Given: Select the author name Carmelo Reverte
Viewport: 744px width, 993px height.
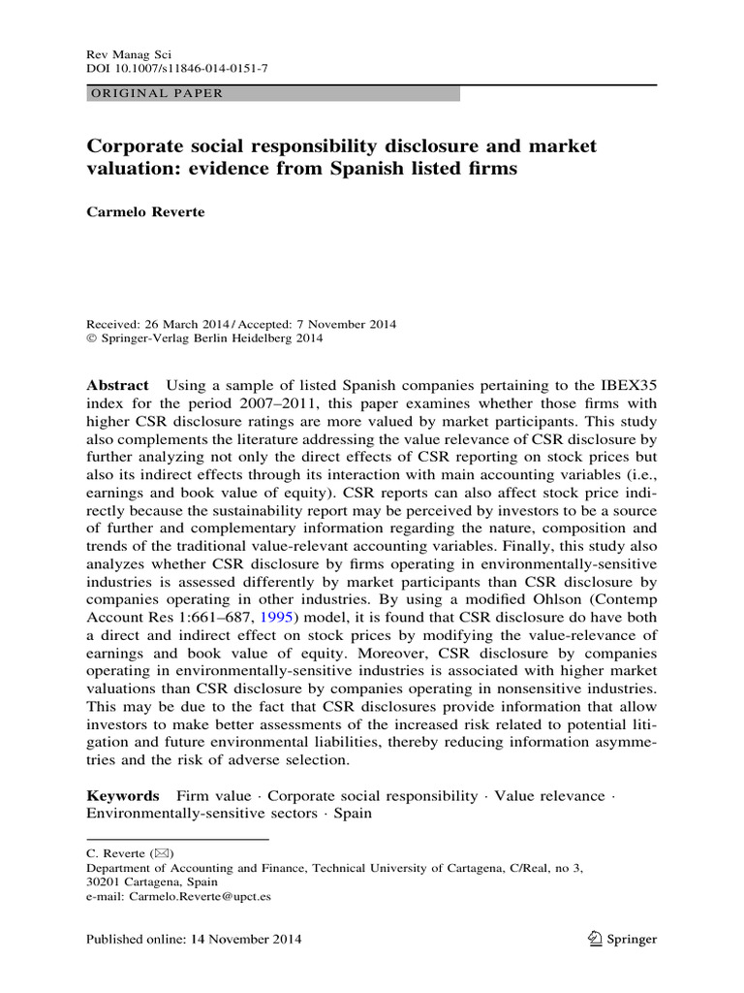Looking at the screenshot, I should pos(148,212).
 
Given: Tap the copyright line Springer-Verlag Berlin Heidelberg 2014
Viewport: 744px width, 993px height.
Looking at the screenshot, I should pos(211,339).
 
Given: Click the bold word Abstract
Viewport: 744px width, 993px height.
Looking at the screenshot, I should pos(118,385).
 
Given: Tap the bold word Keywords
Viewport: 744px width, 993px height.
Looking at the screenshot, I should pos(122,795).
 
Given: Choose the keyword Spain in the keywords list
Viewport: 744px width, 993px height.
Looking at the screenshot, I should pos(353,814).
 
